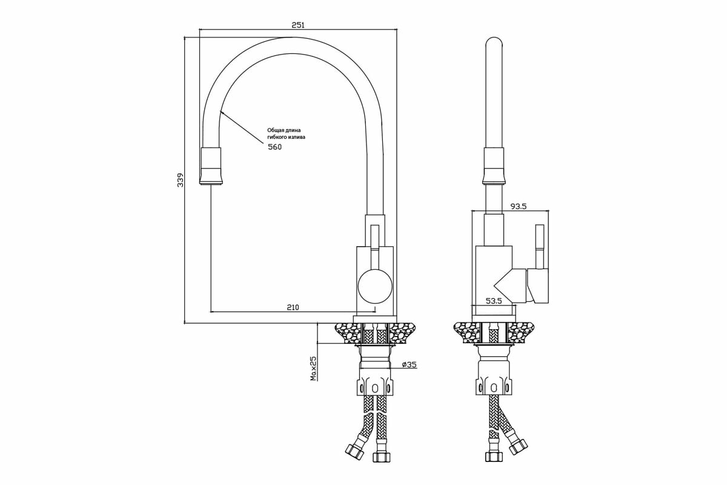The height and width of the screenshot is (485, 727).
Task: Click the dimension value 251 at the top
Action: click(297, 25)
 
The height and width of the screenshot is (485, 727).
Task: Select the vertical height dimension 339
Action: click(181, 180)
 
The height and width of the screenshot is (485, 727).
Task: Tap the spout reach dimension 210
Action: click(293, 307)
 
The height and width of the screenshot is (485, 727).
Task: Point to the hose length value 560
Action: click(274, 147)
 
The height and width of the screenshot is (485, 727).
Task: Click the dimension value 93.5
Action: click(518, 206)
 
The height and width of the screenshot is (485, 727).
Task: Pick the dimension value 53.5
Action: click(494, 301)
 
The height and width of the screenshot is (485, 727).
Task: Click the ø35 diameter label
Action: click(410, 364)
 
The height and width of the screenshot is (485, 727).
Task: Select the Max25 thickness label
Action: click(314, 368)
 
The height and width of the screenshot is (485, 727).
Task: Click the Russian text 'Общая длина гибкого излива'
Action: click(286, 133)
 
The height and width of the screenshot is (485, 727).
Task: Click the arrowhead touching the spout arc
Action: click(222, 112)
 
